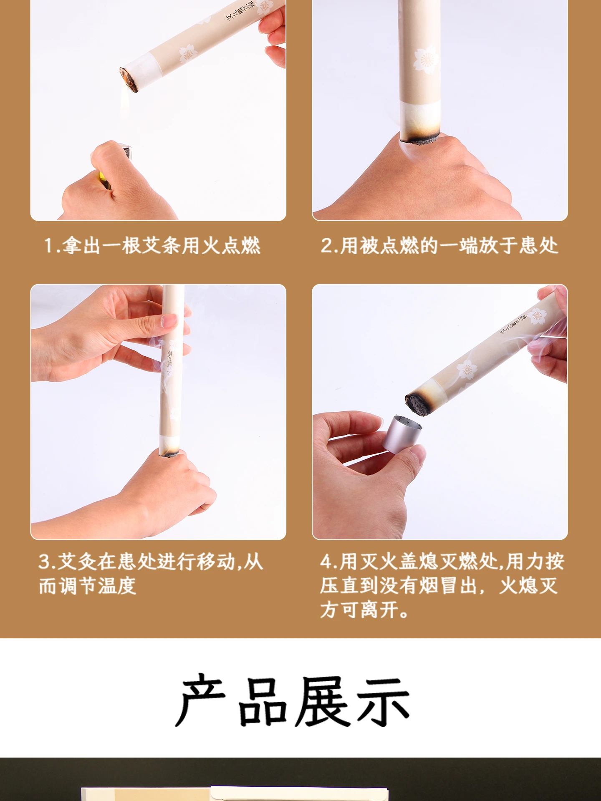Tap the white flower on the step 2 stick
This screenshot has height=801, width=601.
tap(426, 60)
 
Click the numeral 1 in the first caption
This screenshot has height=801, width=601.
tap(48, 245)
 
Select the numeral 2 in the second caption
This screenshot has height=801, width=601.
tap(326, 245)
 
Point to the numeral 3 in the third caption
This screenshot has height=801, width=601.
tap(44, 562)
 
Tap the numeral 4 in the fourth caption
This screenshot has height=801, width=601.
tap(326, 562)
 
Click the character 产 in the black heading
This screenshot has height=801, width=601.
tap(202, 701)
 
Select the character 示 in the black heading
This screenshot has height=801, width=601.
tap(383, 701)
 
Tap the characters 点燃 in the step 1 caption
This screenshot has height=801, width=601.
tap(241, 245)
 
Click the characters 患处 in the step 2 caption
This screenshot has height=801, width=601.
tap(539, 245)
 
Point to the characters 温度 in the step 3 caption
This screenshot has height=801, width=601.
tap(117, 586)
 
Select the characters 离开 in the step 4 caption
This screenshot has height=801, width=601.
tap(380, 610)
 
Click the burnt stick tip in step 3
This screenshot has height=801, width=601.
tap(169, 453)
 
